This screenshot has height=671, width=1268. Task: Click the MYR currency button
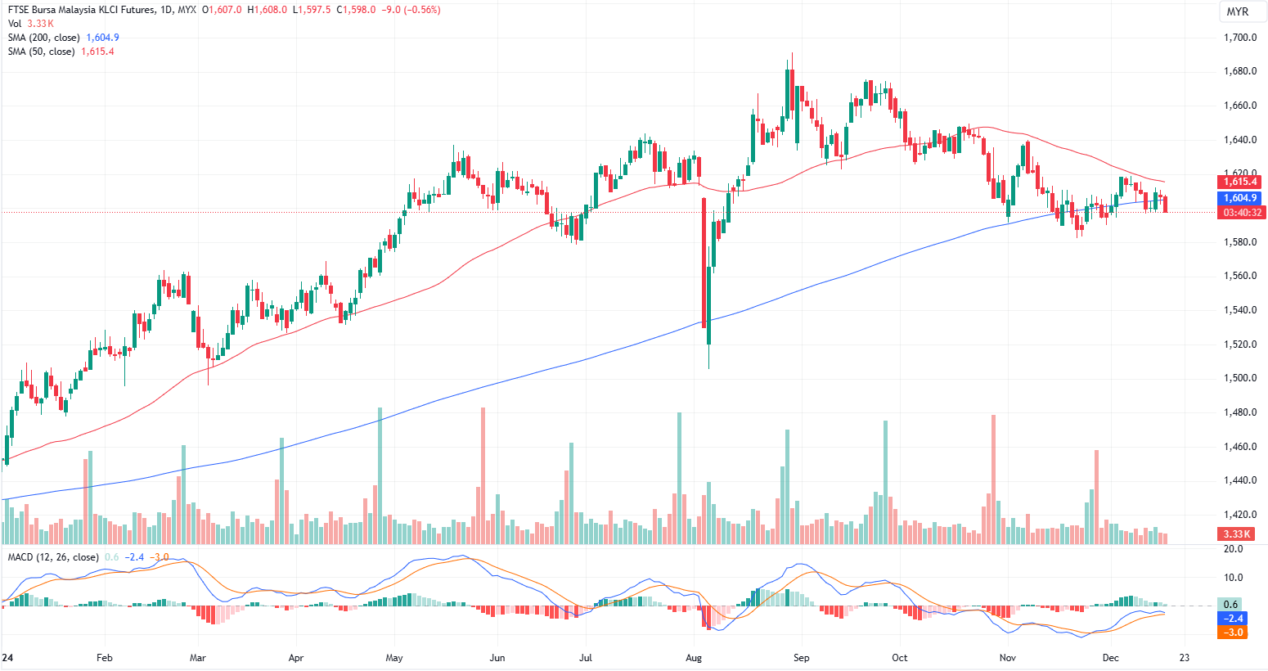[x=1237, y=11]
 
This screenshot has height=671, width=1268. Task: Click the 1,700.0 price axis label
[x=1240, y=38]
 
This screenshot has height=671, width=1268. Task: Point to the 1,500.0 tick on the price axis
[x=1240, y=378]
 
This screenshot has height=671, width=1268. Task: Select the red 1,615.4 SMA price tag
[x=1240, y=182]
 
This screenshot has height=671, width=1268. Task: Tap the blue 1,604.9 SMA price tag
[x=1240, y=198]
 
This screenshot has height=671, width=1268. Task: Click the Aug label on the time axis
[x=694, y=658]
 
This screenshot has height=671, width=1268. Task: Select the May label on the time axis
[x=394, y=658]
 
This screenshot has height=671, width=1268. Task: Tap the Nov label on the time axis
[x=1008, y=658]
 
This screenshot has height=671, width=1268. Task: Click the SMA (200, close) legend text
[x=44, y=38]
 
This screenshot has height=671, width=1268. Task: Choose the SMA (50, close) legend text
[x=41, y=52]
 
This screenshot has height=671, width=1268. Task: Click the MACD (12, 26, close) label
[x=53, y=557]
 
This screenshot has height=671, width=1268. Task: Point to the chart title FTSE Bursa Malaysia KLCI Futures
[x=102, y=10]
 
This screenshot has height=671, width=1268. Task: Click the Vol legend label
[x=15, y=24]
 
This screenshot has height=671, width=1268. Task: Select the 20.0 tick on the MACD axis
[x=1233, y=549]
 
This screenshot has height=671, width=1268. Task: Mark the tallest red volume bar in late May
[x=483, y=475]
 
